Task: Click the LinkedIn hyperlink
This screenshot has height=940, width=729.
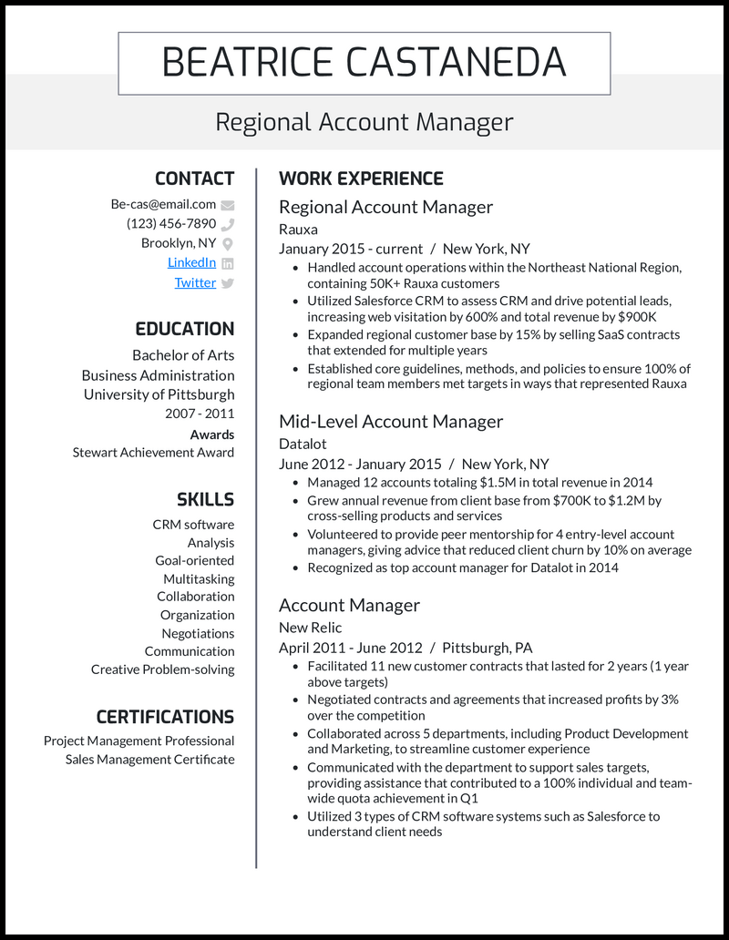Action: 191,262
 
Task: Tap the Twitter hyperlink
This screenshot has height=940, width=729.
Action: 195,282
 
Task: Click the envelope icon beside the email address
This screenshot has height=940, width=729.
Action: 228,205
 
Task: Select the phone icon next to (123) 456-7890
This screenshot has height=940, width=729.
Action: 228,224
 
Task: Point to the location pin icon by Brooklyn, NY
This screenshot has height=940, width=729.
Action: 228,244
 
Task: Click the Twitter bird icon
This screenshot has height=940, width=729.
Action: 228,283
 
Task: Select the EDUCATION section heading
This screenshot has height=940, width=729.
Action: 185,329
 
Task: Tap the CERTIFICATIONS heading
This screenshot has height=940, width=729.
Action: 165,717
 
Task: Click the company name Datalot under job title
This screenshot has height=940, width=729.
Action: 303,444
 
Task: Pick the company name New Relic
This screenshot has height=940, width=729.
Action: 311,628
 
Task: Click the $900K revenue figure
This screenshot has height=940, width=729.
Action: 635,317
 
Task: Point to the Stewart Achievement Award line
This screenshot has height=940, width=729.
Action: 153,453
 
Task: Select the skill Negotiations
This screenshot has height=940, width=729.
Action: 198,633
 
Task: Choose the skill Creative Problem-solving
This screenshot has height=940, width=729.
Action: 162,669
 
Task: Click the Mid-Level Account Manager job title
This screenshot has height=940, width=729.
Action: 391,422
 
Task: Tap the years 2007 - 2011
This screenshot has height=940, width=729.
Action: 200,414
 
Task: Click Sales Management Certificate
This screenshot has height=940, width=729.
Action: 149,760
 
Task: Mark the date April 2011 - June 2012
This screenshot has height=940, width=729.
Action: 351,648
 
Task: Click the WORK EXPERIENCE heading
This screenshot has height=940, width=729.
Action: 361,179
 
